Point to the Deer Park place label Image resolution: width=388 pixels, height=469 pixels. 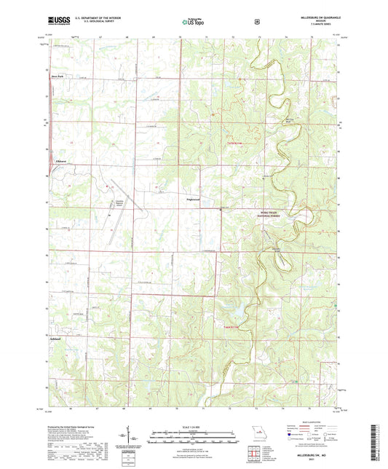pyautogui.click(x=58, y=75)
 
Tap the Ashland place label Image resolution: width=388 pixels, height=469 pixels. pyautogui.click(x=55, y=339)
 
